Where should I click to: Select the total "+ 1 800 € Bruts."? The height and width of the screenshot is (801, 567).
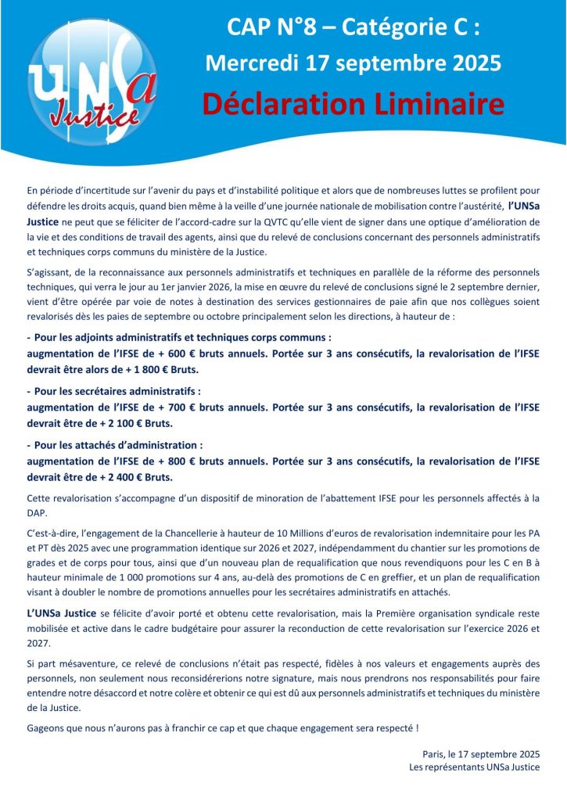click(x=138, y=368)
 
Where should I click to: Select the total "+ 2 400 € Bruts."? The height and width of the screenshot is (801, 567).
click(x=133, y=476)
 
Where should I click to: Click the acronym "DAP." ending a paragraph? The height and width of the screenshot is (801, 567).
click(x=38, y=512)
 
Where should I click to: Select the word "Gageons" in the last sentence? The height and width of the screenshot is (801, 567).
click(x=45, y=728)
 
